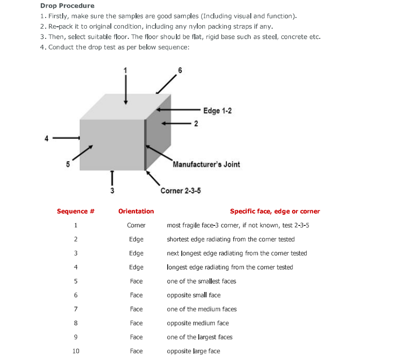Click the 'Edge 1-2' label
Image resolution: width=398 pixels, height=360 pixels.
(x=217, y=111)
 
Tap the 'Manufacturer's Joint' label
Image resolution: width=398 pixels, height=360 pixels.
(x=206, y=164)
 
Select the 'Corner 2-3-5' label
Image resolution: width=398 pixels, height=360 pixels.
(x=180, y=190)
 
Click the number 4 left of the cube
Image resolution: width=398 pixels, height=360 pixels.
(x=47, y=138)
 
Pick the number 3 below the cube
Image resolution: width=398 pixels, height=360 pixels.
(x=112, y=190)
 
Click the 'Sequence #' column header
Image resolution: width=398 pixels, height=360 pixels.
(x=75, y=211)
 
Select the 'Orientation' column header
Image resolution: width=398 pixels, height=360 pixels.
(x=136, y=211)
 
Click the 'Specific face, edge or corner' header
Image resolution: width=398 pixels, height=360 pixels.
(x=275, y=211)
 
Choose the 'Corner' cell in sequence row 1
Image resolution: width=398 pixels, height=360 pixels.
(x=136, y=225)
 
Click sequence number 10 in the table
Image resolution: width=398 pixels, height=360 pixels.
(x=76, y=351)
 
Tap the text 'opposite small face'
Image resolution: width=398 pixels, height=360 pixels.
(x=193, y=295)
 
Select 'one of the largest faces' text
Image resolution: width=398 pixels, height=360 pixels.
(x=199, y=337)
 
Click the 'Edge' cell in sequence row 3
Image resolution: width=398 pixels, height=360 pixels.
(x=136, y=253)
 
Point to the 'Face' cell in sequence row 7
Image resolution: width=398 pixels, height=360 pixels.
(x=136, y=309)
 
